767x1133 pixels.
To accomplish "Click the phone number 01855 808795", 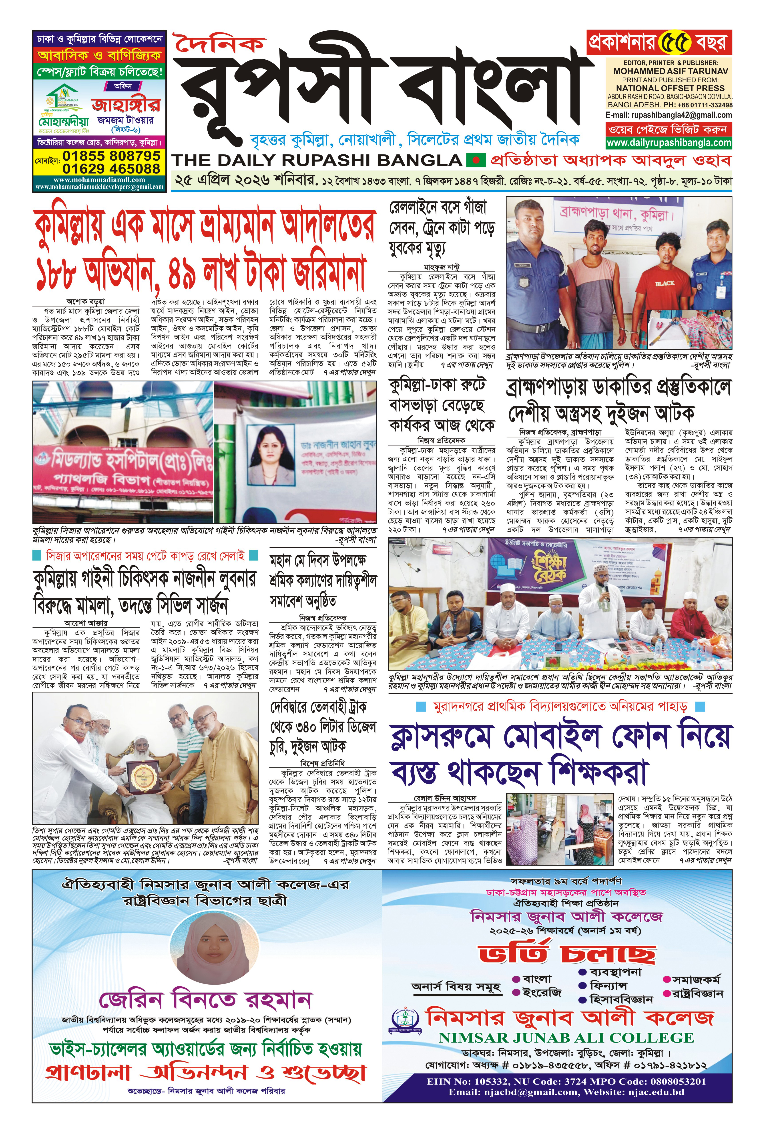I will click(111, 156).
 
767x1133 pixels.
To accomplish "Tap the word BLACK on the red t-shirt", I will click(665, 283).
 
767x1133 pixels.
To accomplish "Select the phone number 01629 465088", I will click(111, 169).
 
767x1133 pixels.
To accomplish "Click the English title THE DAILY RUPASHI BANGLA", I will click(317, 160).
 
